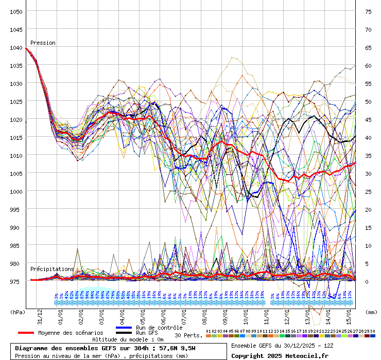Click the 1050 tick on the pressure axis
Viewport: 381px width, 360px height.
tap(16, 11)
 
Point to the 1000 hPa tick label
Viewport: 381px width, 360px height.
tap(16, 191)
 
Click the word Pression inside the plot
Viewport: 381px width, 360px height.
tap(43, 43)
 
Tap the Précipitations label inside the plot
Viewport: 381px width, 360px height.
tap(52, 269)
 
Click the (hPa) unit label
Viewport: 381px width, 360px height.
tap(18, 312)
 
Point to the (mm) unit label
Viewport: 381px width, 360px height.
tap(371, 312)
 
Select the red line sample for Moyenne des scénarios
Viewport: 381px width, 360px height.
tap(26, 333)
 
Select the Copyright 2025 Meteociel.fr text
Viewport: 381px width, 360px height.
tap(280, 355)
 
